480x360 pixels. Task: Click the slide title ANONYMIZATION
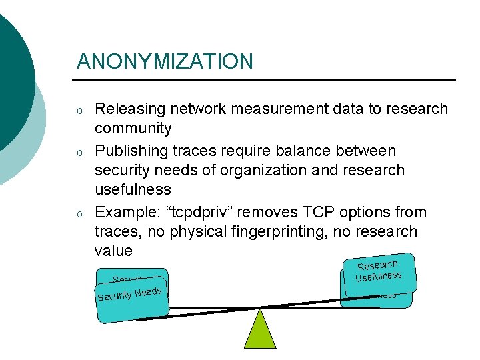(165, 62)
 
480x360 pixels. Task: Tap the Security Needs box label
(129, 294)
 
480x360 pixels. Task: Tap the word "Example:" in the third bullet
(126, 213)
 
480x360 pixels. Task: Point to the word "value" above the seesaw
(113, 251)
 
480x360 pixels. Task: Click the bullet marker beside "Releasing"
(79, 111)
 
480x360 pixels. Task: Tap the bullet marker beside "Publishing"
(79, 153)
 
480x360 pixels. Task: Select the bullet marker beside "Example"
(79, 215)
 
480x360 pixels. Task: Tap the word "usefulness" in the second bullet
(133, 189)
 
